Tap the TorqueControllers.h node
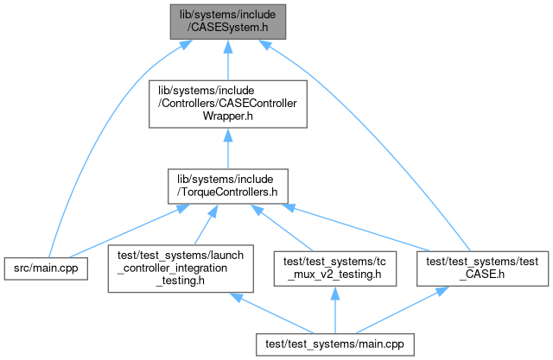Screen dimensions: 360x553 pyautogui.click(x=226, y=187)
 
